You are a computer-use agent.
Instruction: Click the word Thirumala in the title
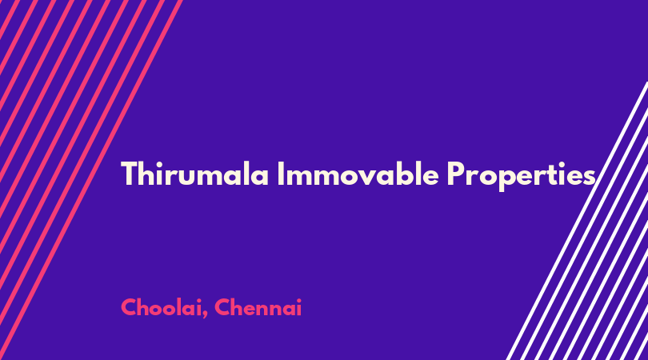(x=194, y=174)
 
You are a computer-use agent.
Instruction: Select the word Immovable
(x=358, y=174)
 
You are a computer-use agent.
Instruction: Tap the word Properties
(x=521, y=176)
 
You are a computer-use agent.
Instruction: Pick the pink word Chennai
(x=258, y=307)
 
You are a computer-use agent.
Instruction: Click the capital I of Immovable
(x=281, y=174)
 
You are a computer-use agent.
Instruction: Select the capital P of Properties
(x=455, y=174)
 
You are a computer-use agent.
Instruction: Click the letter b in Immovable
(x=404, y=174)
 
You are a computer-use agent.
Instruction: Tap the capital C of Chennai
(x=223, y=307)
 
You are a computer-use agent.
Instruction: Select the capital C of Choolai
(x=130, y=307)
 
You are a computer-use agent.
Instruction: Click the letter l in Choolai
(x=183, y=306)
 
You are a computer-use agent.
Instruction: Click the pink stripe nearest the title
(x=91, y=180)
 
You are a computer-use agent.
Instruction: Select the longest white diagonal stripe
(x=577, y=221)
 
